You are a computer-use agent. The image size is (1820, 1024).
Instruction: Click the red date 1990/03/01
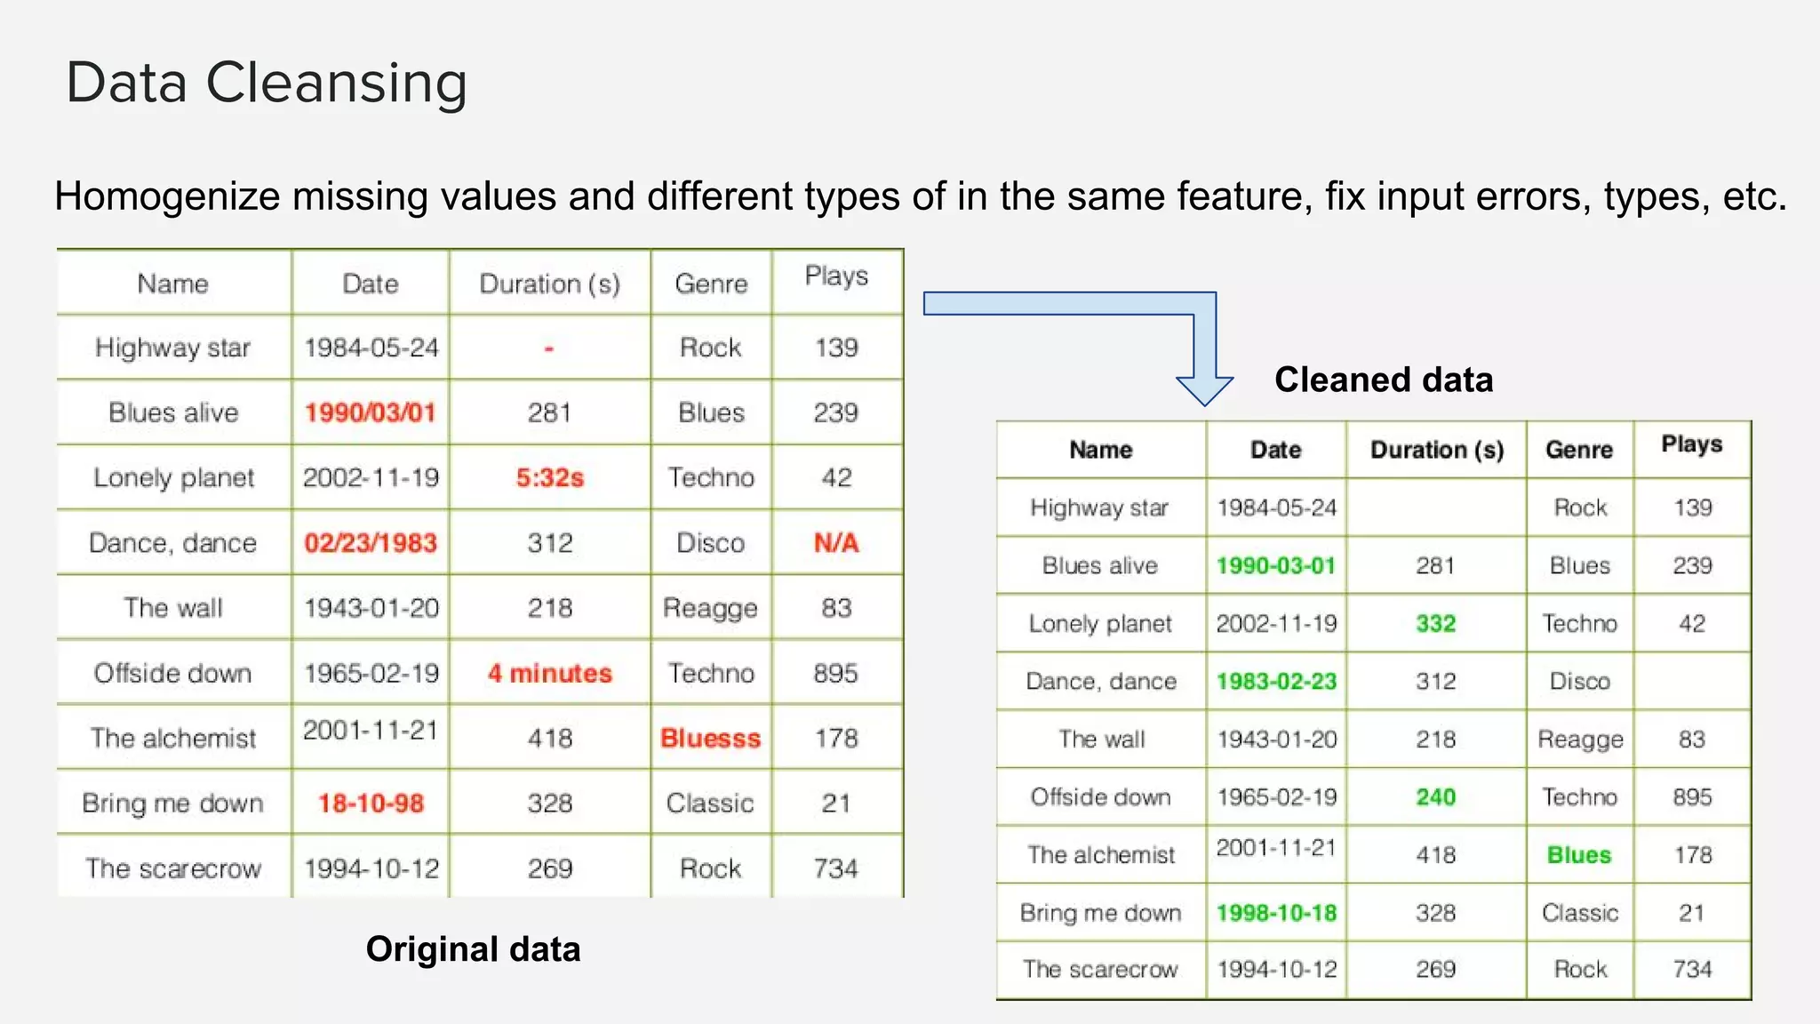click(371, 412)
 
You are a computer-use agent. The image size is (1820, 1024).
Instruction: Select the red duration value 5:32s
click(550, 477)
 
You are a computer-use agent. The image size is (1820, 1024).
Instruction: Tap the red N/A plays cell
click(836, 542)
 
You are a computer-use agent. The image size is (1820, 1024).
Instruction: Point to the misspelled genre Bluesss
click(710, 738)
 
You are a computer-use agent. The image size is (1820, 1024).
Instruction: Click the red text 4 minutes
click(550, 673)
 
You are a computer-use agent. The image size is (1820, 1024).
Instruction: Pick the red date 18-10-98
click(371, 803)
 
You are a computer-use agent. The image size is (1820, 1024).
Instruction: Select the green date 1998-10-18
click(1276, 913)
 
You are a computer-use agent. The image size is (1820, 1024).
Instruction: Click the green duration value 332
click(1435, 623)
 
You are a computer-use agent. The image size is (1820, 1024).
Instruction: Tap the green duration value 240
click(1435, 796)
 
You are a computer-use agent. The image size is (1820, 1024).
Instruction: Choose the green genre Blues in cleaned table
click(1579, 854)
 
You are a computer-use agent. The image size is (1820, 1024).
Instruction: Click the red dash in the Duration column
click(549, 348)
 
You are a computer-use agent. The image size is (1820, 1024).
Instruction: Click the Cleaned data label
click(1384, 380)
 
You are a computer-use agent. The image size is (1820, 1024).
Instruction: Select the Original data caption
click(473, 949)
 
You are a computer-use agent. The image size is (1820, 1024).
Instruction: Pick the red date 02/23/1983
click(371, 542)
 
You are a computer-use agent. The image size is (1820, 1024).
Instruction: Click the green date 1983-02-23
click(1276, 681)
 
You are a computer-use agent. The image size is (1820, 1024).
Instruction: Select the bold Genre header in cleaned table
click(1579, 450)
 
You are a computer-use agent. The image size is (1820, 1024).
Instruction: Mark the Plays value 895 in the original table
click(836, 673)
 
